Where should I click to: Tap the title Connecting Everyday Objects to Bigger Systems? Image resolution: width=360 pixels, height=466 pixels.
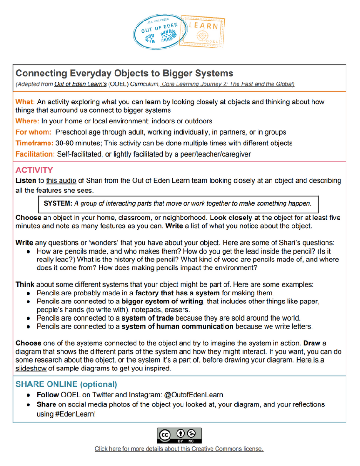(x=124, y=73)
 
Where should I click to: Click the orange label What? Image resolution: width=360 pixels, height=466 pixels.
(x=26, y=101)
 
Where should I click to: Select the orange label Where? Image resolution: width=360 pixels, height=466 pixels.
(x=27, y=121)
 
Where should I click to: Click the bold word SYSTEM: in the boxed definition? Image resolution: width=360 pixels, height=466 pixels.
(x=58, y=204)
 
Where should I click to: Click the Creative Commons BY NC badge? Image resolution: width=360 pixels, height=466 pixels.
(x=180, y=435)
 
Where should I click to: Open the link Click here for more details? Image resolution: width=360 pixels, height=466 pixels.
(x=179, y=449)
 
